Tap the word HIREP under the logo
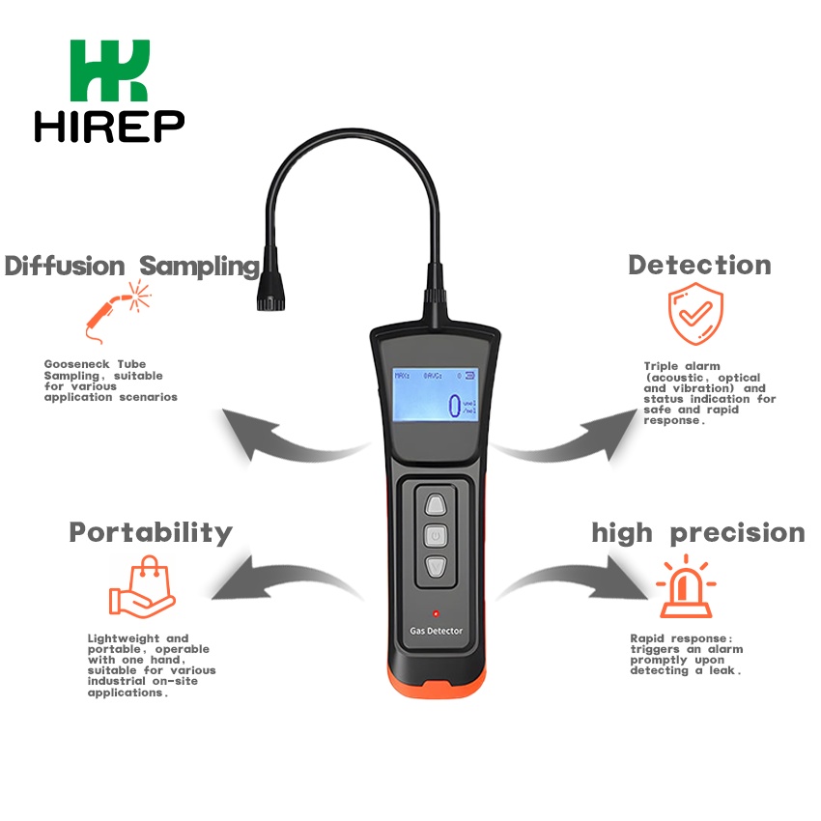(x=109, y=126)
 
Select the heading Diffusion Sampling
(x=132, y=266)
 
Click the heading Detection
(x=699, y=265)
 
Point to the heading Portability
(x=151, y=532)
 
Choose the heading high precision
(x=697, y=533)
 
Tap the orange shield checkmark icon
(x=695, y=314)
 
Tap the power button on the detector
(x=436, y=535)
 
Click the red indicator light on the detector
(x=437, y=612)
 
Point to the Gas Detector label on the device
(x=437, y=632)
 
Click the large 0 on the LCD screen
(x=453, y=406)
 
